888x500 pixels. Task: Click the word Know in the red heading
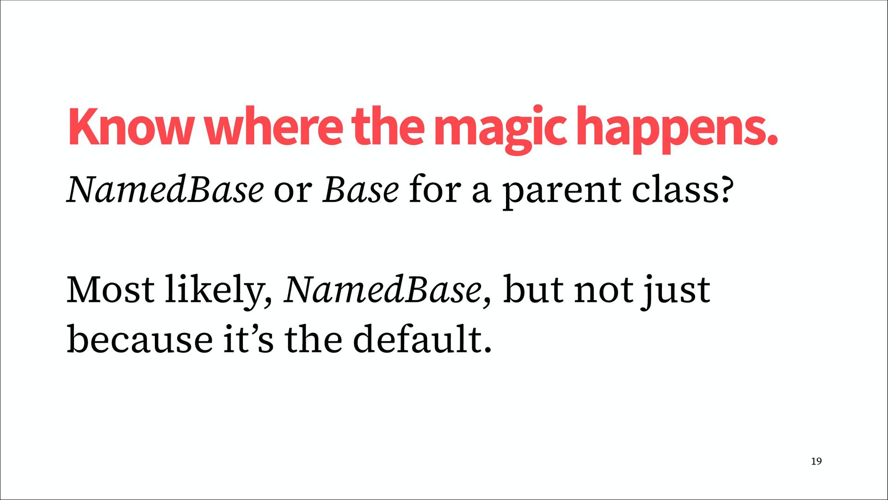tap(130, 126)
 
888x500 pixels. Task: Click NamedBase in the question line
tap(165, 190)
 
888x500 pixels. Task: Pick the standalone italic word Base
tap(360, 190)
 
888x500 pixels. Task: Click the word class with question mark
tap(683, 190)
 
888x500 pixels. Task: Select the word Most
tap(111, 290)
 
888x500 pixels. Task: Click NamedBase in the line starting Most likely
tap(382, 290)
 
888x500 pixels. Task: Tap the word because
tap(140, 339)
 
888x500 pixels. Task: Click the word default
tap(422, 339)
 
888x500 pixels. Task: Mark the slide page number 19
tap(816, 461)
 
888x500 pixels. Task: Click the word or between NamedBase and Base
tap(292, 192)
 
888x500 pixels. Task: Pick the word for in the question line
tap(435, 190)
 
